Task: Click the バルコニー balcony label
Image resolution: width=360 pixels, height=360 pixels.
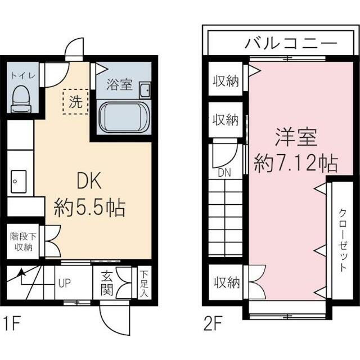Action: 290,43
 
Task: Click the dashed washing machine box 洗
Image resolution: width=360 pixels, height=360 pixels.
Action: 75,102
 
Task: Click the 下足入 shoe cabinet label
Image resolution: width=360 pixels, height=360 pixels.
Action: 143,284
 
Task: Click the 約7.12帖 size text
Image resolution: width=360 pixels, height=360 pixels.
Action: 296,164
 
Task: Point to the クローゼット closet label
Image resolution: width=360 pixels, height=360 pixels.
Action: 342,240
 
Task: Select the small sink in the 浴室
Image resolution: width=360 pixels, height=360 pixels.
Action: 144,90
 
